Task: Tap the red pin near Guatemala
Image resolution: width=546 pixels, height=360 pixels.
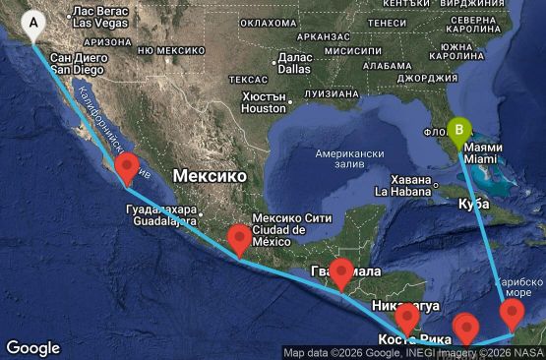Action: pyautogui.click(x=341, y=271)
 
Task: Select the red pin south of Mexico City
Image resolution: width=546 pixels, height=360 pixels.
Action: pyautogui.click(x=238, y=239)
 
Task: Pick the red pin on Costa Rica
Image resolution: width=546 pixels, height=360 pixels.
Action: pyautogui.click(x=407, y=318)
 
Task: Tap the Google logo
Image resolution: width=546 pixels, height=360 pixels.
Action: pyautogui.click(x=32, y=348)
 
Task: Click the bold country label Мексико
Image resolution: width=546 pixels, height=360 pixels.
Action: pyautogui.click(x=210, y=175)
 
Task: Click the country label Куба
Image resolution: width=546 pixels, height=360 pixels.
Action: pyautogui.click(x=474, y=204)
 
